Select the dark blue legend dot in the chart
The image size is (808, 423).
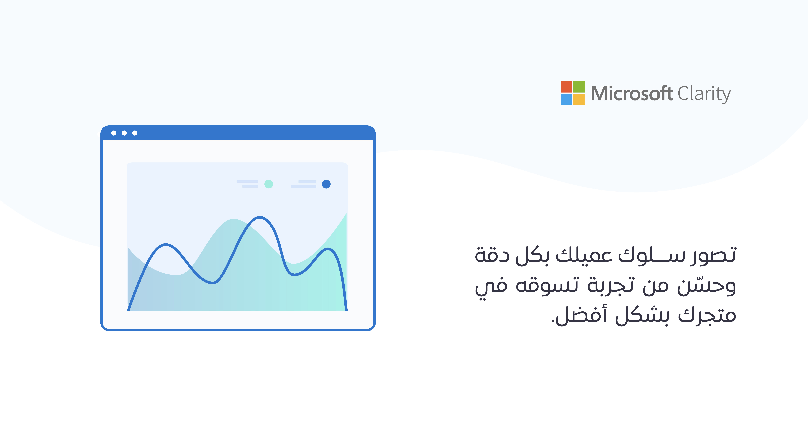click(x=326, y=184)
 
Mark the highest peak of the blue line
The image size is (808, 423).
click(x=260, y=217)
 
